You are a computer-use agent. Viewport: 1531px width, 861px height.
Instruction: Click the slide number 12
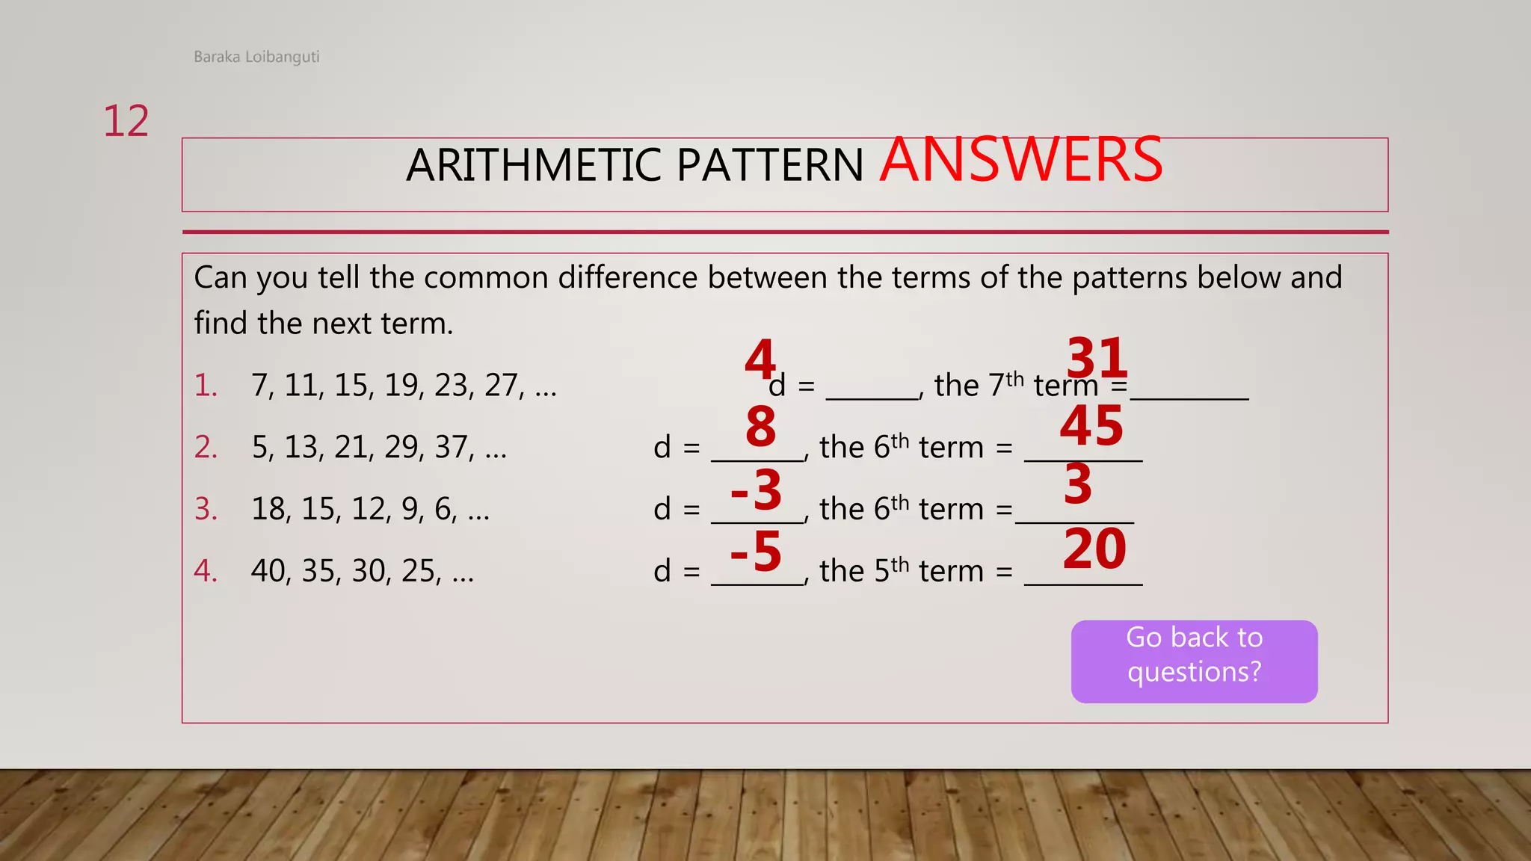coord(126,121)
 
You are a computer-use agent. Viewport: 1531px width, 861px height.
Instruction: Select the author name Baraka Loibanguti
coord(256,57)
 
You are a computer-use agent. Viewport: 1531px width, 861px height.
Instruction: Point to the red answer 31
coord(1097,358)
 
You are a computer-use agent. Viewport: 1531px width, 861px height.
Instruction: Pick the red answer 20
coord(1094,549)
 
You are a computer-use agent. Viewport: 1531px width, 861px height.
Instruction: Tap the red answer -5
coord(756,552)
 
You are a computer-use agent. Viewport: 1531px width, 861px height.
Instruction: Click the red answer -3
coord(756,490)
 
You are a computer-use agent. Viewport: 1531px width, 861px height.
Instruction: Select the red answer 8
coord(761,427)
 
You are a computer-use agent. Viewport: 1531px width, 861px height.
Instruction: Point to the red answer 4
coord(760,359)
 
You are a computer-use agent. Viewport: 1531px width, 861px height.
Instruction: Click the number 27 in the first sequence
coord(500,386)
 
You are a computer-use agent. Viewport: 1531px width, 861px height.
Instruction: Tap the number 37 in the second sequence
coord(451,448)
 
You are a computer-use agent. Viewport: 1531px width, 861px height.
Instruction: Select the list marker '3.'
coord(206,510)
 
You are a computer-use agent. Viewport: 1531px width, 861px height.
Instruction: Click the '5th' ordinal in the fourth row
coord(891,570)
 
